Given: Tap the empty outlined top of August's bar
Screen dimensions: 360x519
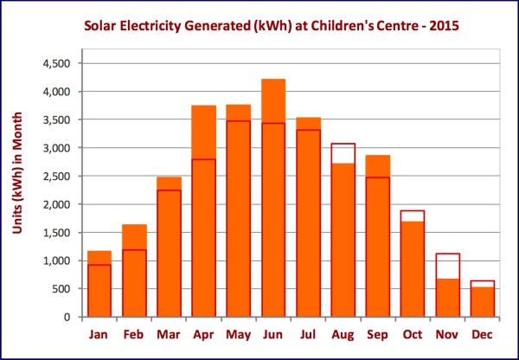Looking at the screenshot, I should (343, 153).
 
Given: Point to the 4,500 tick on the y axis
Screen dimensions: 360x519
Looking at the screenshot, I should (61, 64).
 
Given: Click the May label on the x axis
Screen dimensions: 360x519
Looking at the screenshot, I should (239, 333).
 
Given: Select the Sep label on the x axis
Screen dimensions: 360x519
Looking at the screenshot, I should (377, 333).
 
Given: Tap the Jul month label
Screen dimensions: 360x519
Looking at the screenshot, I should (308, 333).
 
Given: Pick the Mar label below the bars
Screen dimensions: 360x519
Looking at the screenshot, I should (170, 333).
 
